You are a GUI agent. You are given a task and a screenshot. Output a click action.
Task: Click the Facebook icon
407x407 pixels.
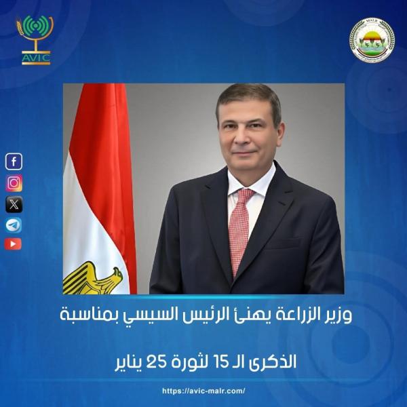point(14,161)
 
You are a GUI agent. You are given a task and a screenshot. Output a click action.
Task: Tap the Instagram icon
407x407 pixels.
point(14,183)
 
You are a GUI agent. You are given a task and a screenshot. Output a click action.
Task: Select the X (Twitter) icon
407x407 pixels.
point(14,203)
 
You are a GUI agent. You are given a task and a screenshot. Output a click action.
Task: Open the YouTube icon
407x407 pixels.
point(14,244)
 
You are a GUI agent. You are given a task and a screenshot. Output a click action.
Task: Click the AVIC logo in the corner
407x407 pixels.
point(35,39)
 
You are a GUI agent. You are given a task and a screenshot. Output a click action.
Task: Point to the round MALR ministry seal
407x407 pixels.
point(371,39)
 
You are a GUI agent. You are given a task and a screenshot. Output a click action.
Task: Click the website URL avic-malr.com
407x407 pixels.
point(203,391)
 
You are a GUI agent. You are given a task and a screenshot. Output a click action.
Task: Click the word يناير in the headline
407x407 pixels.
point(132,361)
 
